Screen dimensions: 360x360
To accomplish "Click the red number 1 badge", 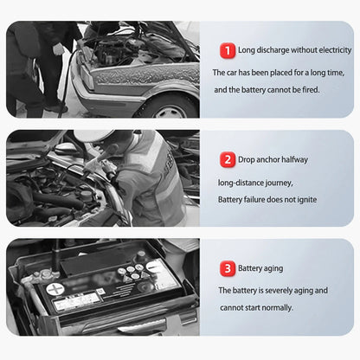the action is [228, 51].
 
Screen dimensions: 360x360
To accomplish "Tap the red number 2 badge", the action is [228, 159].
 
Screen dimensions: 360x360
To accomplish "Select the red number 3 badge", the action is [228, 268].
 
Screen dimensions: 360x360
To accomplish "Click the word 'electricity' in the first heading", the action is [335, 50].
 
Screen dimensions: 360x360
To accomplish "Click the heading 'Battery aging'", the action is [260, 268].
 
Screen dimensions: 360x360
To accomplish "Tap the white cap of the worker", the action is [93, 136].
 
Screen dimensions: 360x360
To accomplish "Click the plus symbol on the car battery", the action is [55, 289].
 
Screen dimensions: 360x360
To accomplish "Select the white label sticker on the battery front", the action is [77, 301].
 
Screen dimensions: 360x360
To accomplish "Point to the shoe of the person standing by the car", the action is [56, 108].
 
